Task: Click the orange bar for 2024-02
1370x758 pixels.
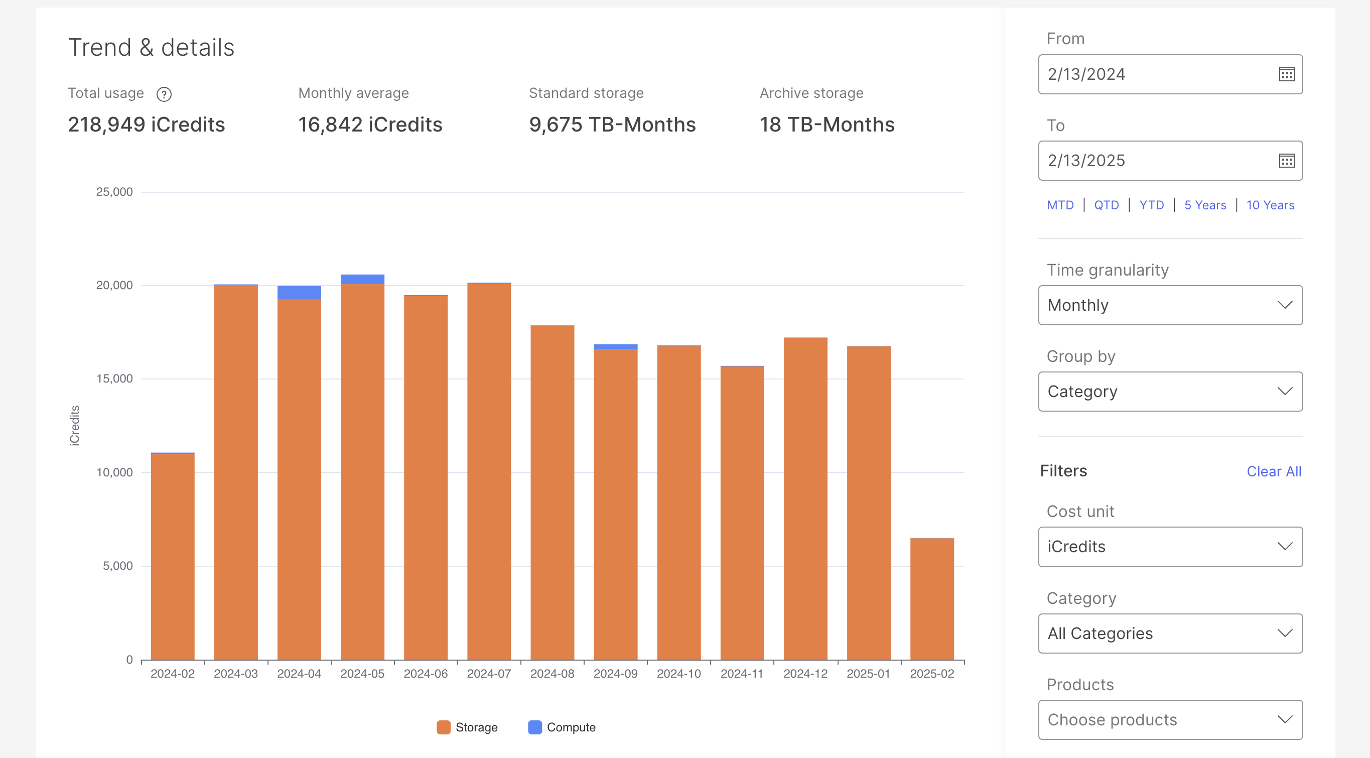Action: [172, 556]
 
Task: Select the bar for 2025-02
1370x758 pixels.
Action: [931, 598]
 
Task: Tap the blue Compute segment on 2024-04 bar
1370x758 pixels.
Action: [299, 292]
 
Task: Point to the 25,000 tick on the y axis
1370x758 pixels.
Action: [114, 192]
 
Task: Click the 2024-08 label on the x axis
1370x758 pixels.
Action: [552, 674]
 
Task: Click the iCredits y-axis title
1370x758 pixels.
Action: [75, 425]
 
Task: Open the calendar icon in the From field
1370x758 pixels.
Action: [1286, 74]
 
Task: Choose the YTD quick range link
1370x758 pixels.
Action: [1151, 205]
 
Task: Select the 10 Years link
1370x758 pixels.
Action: [1270, 205]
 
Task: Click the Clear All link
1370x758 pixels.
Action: [1273, 471]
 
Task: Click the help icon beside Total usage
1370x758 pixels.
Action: [164, 95]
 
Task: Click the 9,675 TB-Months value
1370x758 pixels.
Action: [612, 124]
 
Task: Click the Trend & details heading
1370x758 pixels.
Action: [151, 47]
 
